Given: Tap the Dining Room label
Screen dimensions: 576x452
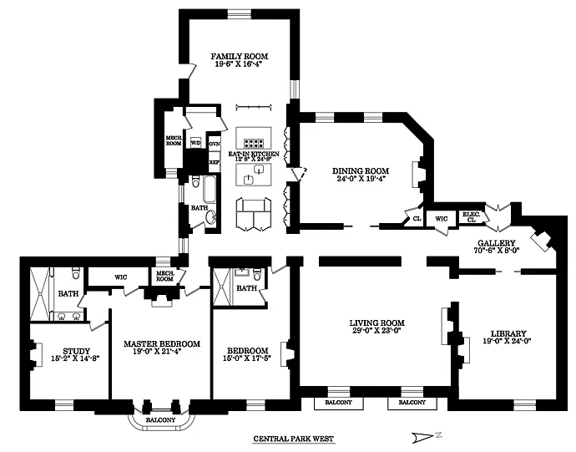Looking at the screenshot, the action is (362, 170).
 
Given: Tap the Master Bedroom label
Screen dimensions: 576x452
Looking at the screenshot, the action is (162, 344).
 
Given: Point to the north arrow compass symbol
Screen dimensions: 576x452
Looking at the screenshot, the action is (425, 436).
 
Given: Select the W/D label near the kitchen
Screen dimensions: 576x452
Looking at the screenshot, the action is (196, 143).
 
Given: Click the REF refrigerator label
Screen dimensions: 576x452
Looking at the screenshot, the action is (214, 162).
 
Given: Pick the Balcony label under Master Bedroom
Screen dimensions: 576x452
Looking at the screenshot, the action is (161, 419).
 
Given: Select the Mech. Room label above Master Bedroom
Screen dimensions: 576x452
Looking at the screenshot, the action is (164, 277).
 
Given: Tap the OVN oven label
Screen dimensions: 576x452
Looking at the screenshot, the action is (214, 143).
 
